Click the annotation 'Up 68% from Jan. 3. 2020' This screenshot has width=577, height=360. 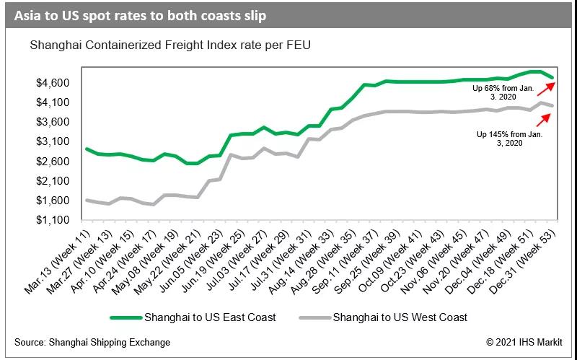pyautogui.click(x=503, y=92)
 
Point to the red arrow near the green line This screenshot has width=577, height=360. pyautogui.click(x=544, y=88)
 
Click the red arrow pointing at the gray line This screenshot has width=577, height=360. pyautogui.click(x=544, y=120)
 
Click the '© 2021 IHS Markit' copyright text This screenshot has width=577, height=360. pyautogui.click(x=524, y=341)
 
